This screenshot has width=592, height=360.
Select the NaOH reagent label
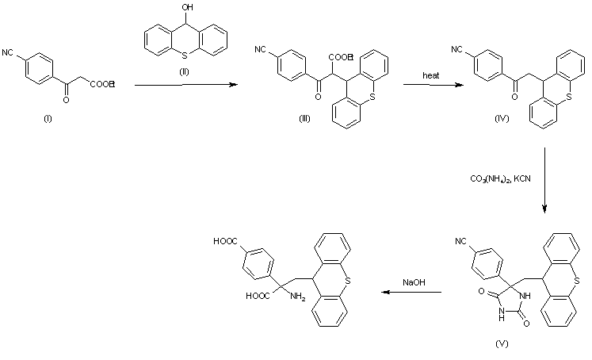click(x=413, y=281)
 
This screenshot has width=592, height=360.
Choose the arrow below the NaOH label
click(x=412, y=292)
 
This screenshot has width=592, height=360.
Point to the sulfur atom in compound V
click(x=577, y=280)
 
